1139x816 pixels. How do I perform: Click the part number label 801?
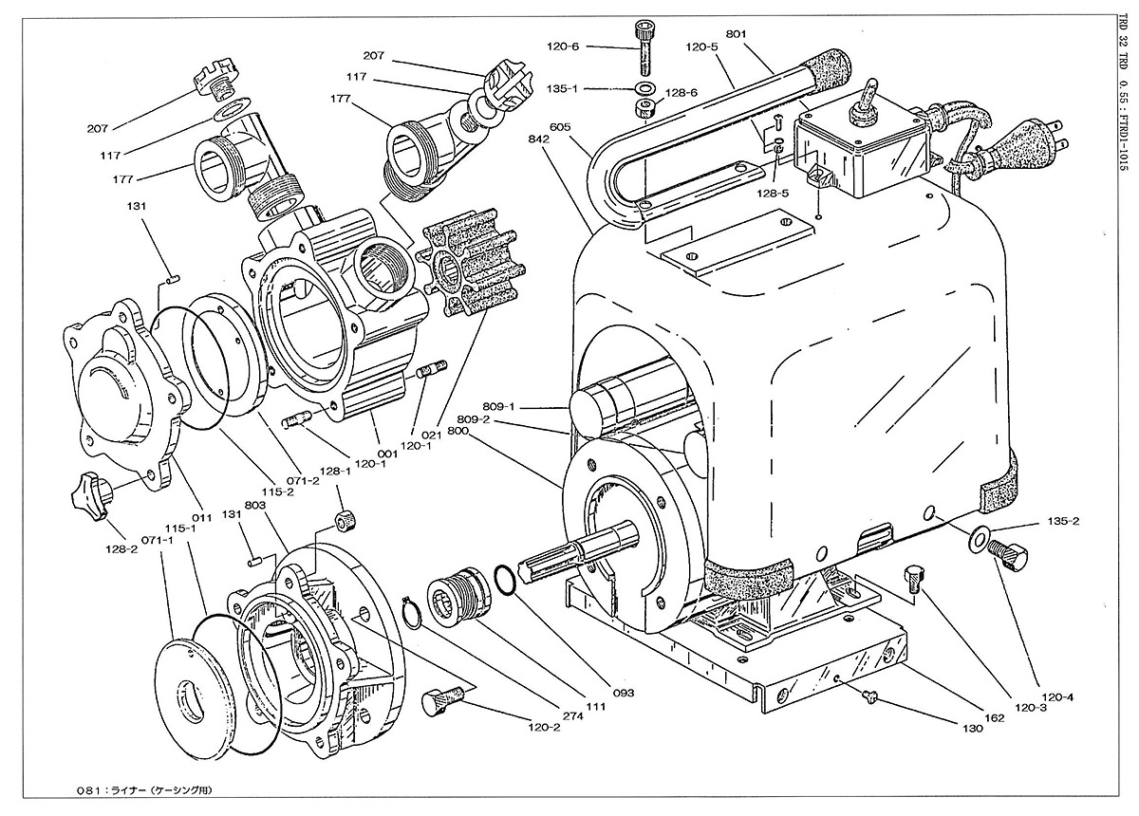736,34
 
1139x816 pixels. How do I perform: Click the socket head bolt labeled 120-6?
644,46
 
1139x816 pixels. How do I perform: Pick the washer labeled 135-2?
978,535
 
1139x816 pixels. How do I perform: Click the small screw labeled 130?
870,699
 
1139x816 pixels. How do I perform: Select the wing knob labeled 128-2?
91,493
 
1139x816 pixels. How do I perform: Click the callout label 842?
539,139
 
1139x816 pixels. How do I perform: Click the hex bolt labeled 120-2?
442,700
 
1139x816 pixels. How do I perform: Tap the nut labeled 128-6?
645,107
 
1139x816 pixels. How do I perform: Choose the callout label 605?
560,126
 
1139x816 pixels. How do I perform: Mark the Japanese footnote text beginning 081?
143,790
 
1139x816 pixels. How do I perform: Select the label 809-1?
499,406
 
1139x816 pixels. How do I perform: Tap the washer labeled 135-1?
644,88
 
